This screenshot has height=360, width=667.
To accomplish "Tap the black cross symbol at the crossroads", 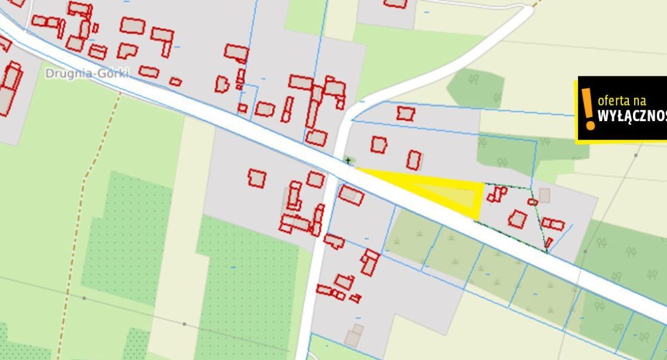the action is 348,161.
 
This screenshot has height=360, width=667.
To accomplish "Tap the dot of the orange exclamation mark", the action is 590,125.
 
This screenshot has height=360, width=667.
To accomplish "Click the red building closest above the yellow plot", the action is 414,159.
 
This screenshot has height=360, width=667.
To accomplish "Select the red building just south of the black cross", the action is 351,195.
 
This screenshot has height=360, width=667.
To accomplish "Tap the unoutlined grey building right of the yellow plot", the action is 544,195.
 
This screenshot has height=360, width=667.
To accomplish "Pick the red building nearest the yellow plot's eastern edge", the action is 496,193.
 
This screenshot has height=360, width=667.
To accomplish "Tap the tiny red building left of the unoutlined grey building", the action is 532,202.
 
